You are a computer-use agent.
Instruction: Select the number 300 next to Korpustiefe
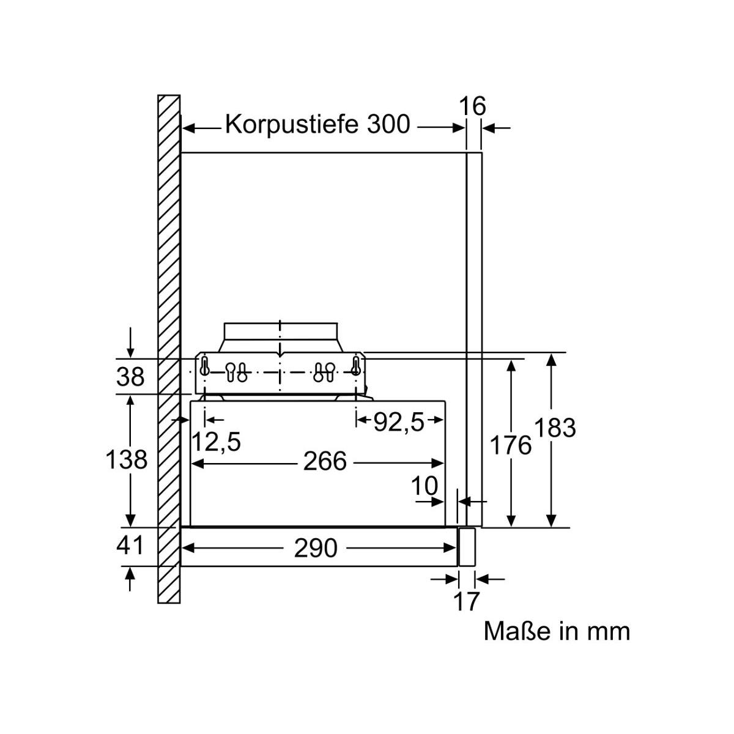click(388, 124)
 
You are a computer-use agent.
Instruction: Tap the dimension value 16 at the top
click(472, 106)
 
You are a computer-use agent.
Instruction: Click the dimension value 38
click(130, 377)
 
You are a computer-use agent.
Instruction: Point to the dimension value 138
click(126, 459)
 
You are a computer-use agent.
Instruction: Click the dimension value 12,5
click(217, 441)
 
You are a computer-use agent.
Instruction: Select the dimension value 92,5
click(399, 422)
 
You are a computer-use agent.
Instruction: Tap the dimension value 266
click(325, 462)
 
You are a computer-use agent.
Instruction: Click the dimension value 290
click(315, 549)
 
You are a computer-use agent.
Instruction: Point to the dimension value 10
click(424, 486)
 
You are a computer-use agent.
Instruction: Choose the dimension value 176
click(511, 445)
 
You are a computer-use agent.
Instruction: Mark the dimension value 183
click(555, 428)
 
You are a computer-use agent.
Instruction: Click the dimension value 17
click(466, 602)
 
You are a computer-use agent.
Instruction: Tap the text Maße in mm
click(557, 631)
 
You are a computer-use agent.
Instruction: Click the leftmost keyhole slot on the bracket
click(205, 366)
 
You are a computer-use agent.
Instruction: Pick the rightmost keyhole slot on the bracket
click(355, 366)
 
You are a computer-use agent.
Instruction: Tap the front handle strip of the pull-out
click(468, 546)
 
